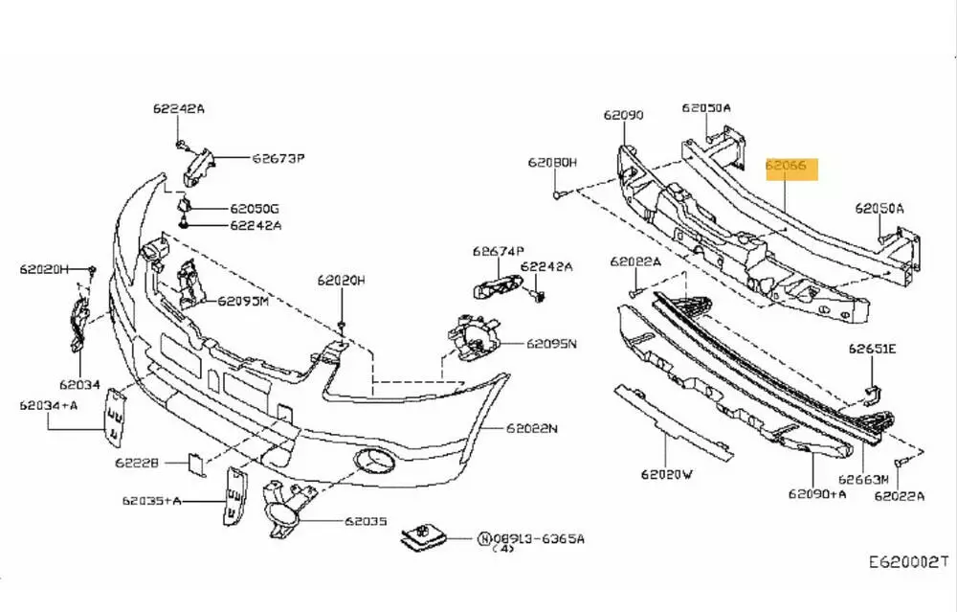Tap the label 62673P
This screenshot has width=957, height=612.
coord(278,158)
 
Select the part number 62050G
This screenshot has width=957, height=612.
coord(255,208)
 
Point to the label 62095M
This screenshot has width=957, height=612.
coord(242,300)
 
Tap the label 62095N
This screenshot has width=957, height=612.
coord(552,343)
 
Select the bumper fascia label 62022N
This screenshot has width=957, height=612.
coord(531,428)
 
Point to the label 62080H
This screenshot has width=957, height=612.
coord(552,163)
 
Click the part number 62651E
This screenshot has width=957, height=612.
coord(871,349)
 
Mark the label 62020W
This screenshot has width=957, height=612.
coord(666,473)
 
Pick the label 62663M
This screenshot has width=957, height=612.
coord(864,478)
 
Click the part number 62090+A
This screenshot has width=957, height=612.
coord(817,494)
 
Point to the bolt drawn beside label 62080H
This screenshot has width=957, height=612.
coord(557,194)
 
